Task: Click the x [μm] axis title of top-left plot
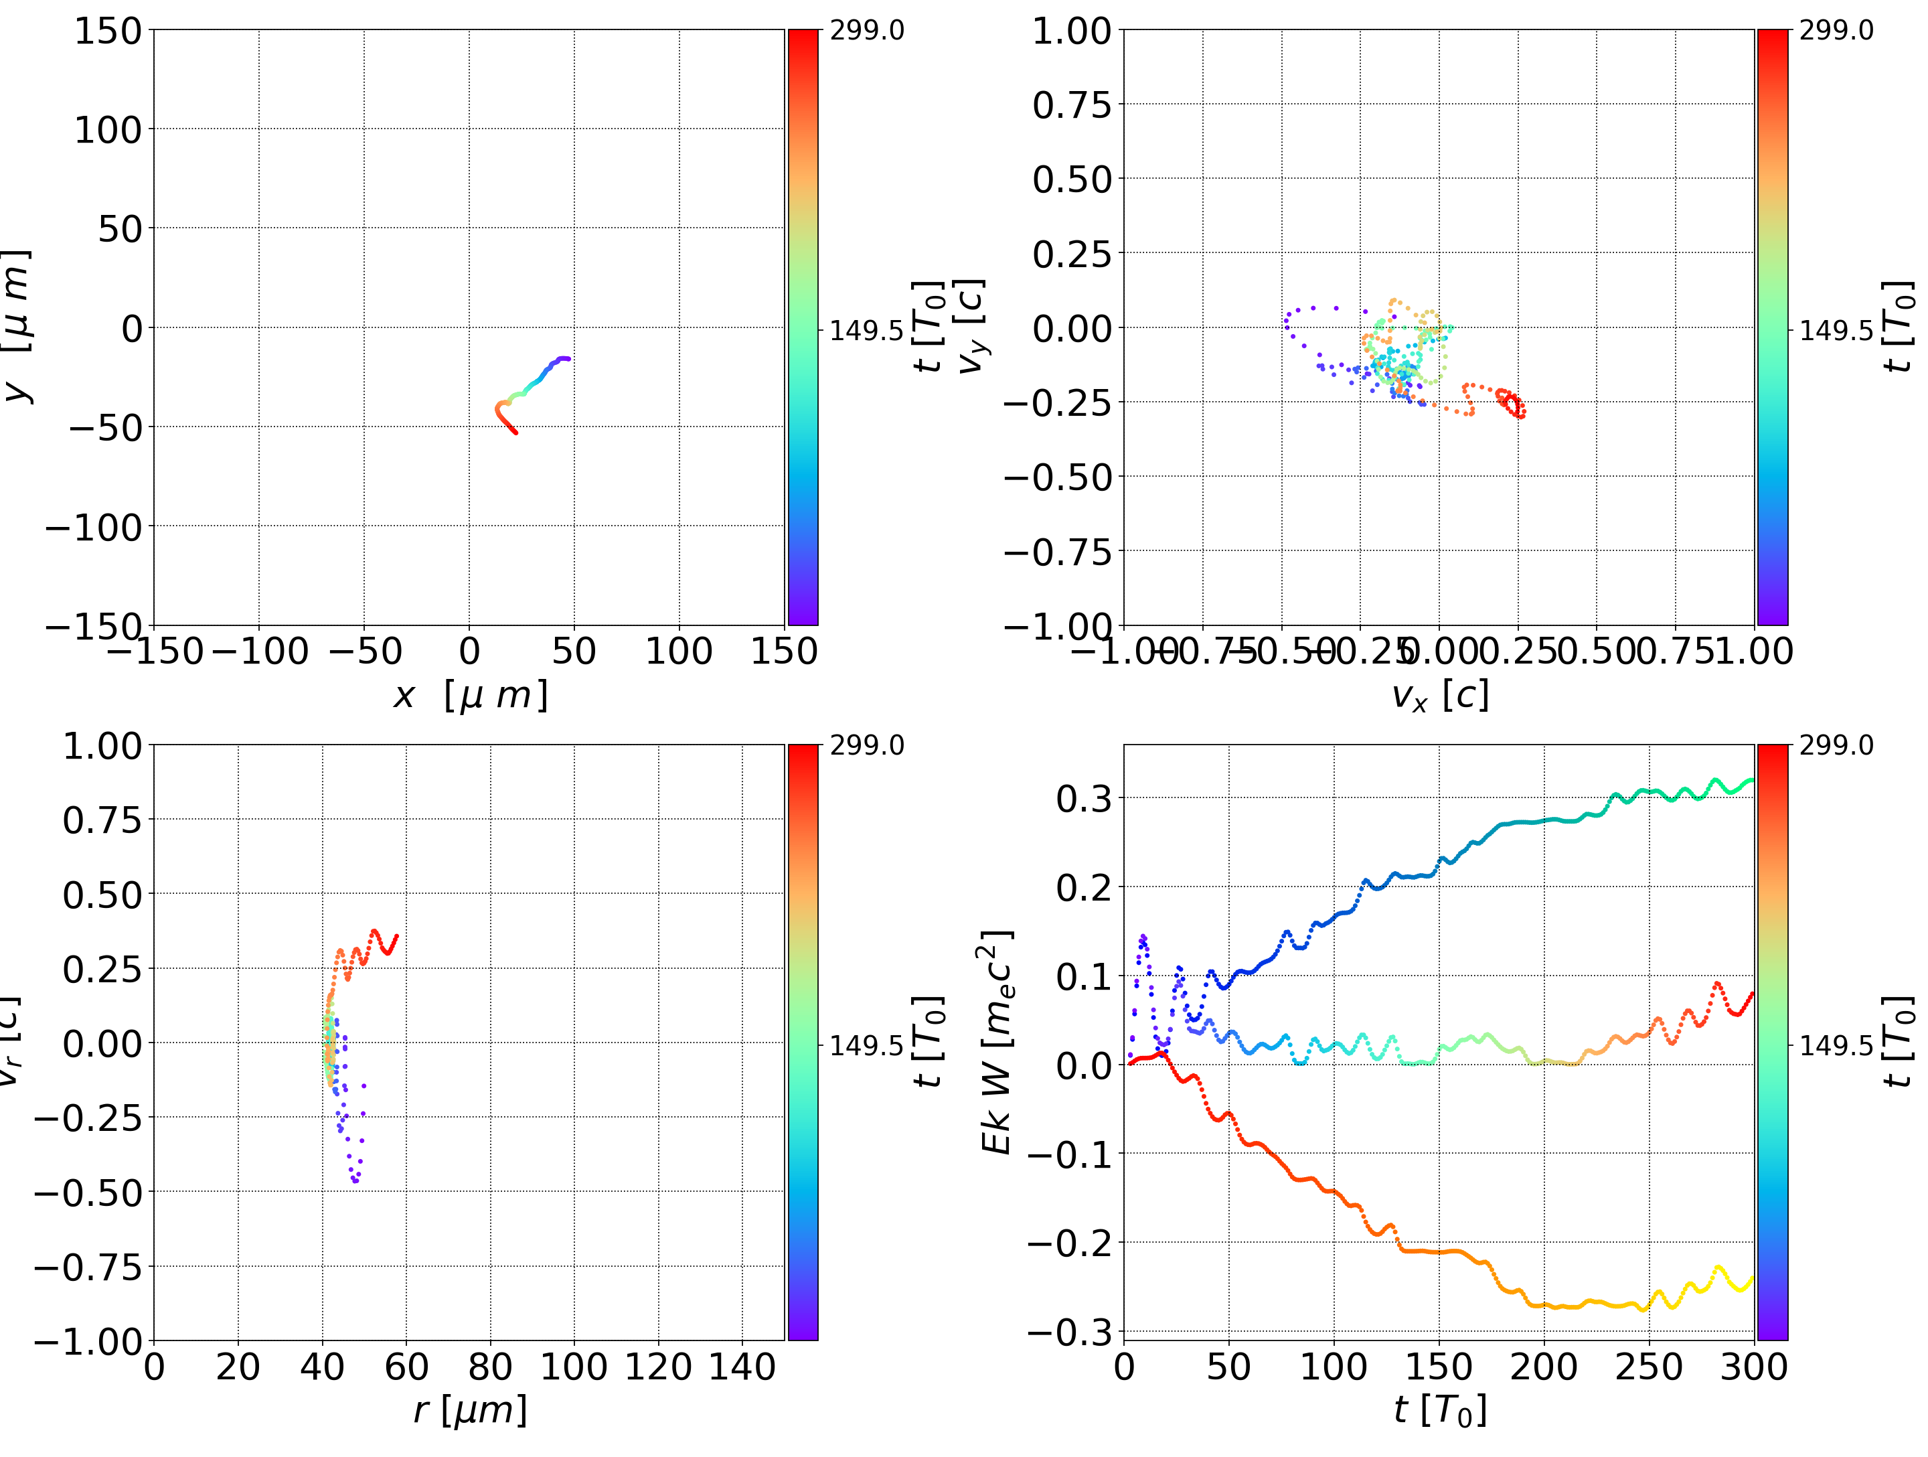coord(470,696)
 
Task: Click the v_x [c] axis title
coord(1439,696)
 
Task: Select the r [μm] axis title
coord(470,1410)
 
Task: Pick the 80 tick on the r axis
coord(490,1367)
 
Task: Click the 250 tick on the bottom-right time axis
coord(1648,1367)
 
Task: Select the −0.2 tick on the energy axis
coord(1068,1243)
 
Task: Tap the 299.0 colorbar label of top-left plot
coord(866,31)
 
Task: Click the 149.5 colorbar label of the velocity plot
coord(1836,331)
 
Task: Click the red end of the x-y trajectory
coord(515,432)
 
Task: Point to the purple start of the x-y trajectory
coord(568,358)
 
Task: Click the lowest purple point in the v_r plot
coord(355,1182)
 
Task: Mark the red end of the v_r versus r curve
coord(396,937)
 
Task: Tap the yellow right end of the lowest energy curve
coord(1751,1279)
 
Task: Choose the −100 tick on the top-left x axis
coord(259,651)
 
